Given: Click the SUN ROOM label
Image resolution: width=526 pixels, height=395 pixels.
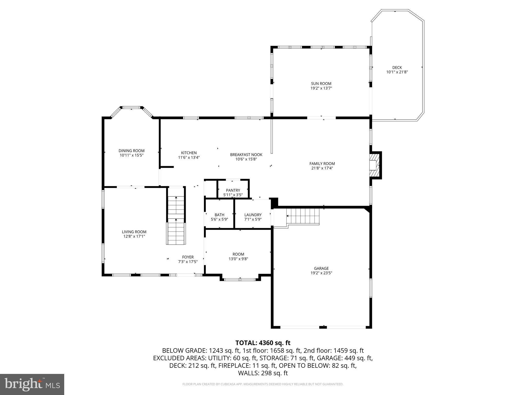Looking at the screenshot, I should pyautogui.click(x=321, y=84).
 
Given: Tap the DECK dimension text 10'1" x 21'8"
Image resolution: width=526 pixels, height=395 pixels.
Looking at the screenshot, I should pyautogui.click(x=397, y=72).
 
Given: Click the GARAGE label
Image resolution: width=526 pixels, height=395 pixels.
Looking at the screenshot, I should pyautogui.click(x=321, y=268).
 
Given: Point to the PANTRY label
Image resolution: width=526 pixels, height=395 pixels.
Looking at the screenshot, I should pyautogui.click(x=233, y=190).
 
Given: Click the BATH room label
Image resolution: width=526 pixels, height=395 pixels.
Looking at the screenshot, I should pyautogui.click(x=219, y=215).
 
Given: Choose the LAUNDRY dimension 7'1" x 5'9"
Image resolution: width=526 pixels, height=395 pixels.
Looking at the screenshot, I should pyautogui.click(x=253, y=219).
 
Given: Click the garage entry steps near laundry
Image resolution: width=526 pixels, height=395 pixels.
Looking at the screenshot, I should pyautogui.click(x=303, y=217).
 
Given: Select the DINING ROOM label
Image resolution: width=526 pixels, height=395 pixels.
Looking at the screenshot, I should pyautogui.click(x=131, y=151).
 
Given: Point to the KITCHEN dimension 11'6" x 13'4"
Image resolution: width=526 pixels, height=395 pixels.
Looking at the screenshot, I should pyautogui.click(x=189, y=157).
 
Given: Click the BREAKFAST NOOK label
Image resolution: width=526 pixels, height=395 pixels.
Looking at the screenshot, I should pyautogui.click(x=246, y=155).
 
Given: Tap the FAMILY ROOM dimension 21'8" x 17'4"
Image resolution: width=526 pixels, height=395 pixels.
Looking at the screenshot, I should pyautogui.click(x=322, y=168).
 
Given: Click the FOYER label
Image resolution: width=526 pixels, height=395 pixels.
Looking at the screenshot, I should pyautogui.click(x=188, y=257).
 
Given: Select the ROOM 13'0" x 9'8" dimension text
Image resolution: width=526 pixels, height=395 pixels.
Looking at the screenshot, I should pyautogui.click(x=238, y=259).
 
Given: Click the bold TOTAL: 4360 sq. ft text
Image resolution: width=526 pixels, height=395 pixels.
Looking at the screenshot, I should pyautogui.click(x=263, y=343).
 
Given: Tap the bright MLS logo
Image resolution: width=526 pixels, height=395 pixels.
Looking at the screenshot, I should pyautogui.click(x=32, y=384).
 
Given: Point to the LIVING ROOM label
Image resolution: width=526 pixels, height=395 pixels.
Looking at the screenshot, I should pyautogui.click(x=134, y=232).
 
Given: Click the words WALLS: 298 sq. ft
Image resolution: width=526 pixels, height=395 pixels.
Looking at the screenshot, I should pyautogui.click(x=263, y=373).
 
